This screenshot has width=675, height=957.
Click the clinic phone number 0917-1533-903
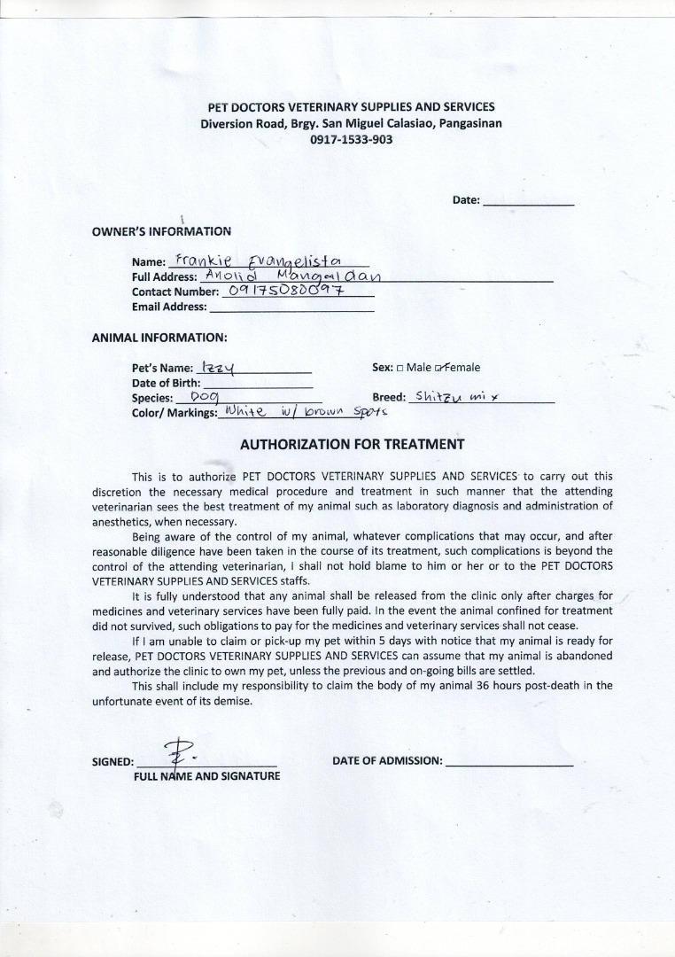(351, 139)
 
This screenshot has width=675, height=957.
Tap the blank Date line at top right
(528, 202)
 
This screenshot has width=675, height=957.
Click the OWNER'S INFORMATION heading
(161, 231)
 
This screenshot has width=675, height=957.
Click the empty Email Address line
(291, 307)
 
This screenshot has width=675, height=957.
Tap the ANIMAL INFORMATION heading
(159, 338)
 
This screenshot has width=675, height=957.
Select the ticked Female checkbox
(439, 367)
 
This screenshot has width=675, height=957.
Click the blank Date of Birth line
(257, 384)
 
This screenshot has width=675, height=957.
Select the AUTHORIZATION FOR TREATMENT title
(353, 444)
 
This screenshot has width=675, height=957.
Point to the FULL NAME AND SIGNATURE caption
(206, 775)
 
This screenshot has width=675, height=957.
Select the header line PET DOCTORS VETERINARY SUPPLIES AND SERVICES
(351, 107)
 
